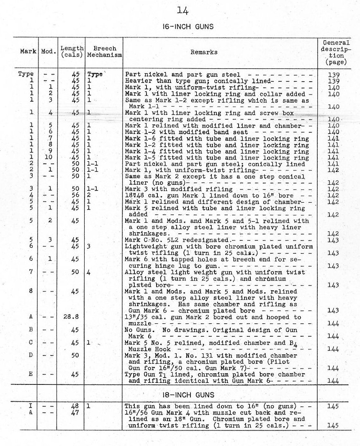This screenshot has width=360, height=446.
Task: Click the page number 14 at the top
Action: tap(183, 10)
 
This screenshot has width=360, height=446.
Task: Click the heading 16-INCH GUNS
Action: tap(188, 27)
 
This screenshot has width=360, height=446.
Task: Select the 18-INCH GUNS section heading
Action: tap(188, 394)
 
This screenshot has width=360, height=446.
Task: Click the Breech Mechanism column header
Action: tap(104, 52)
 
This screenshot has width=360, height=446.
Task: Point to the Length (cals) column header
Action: tap(72, 52)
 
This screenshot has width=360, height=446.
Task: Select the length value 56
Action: tap(75, 195)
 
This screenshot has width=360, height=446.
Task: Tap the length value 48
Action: tap(75, 406)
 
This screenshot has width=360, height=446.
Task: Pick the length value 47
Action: tap(75, 412)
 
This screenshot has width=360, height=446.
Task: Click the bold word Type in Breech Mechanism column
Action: tap(95, 75)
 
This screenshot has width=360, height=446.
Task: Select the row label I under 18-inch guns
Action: tap(30, 406)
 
